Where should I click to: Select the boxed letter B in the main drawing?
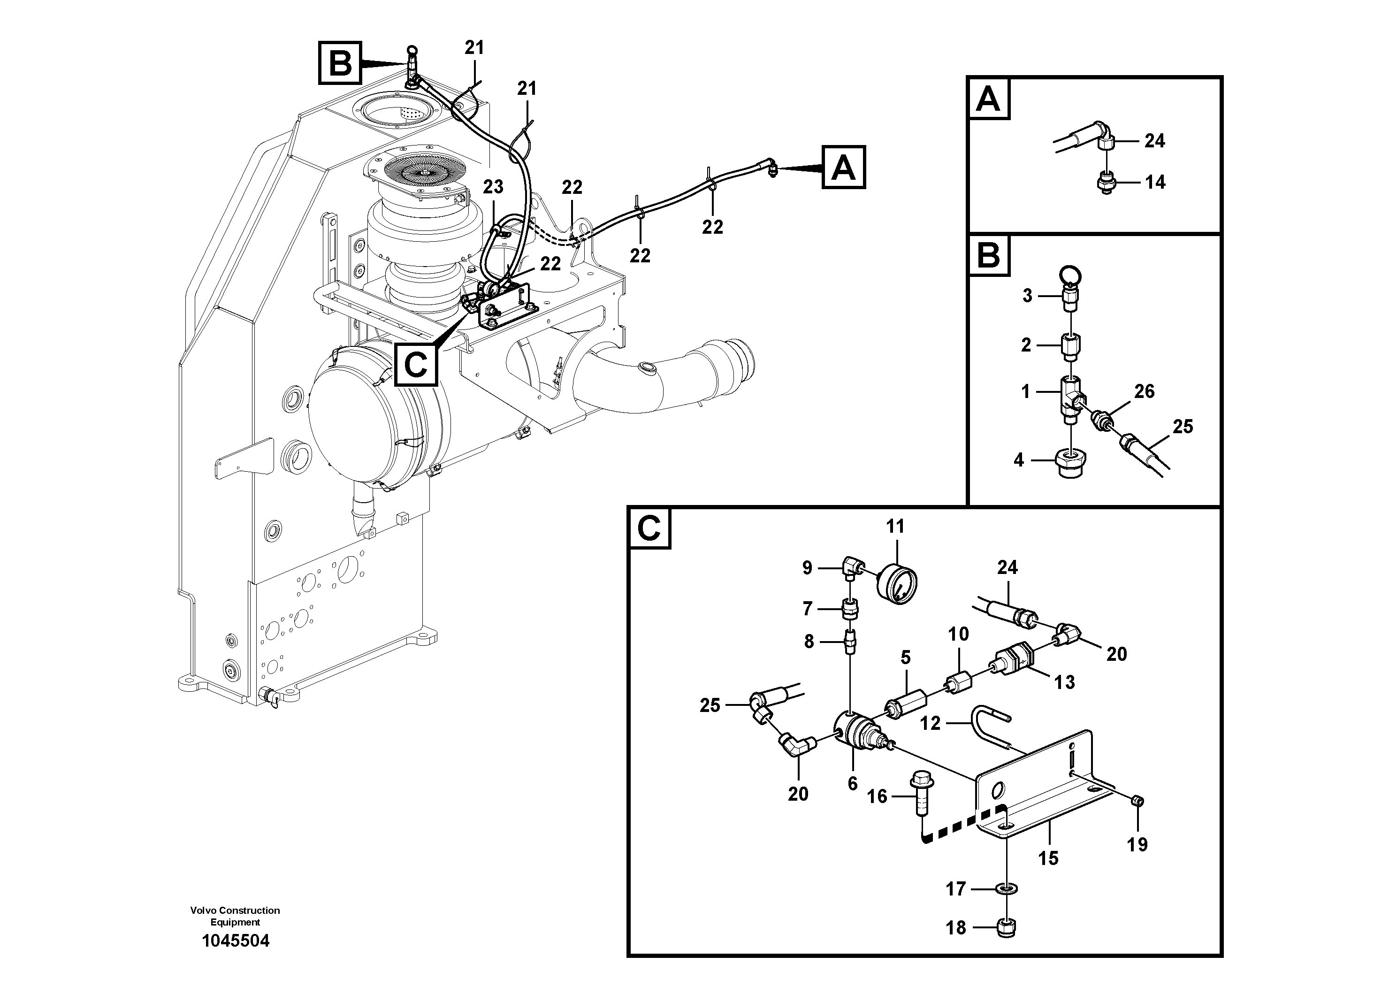coord(340,63)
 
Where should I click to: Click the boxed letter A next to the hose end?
coord(843,167)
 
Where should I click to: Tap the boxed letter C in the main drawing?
coord(416,365)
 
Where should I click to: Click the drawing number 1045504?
coord(236,941)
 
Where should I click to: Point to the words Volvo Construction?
coord(235,910)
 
